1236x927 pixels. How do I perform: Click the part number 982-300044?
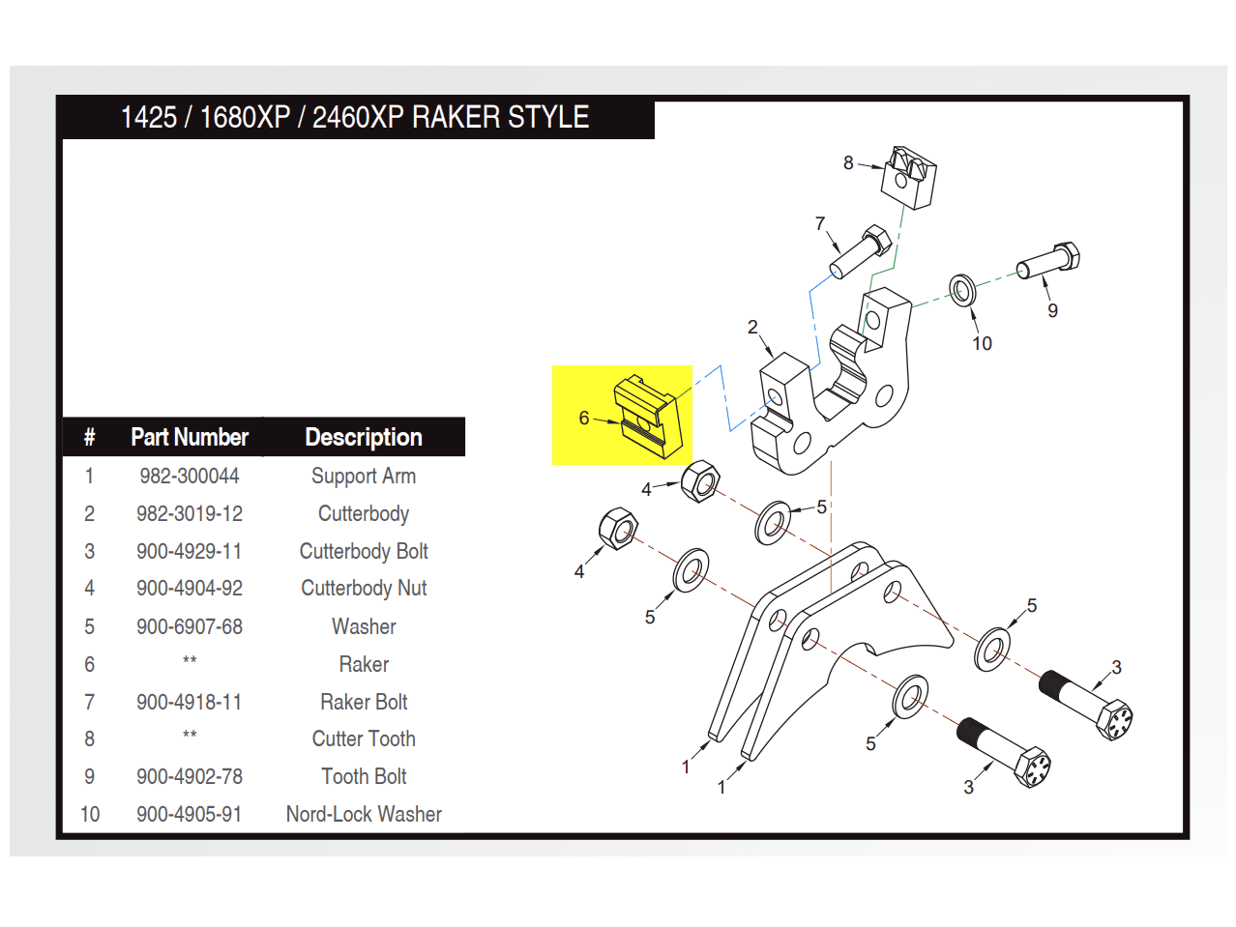(x=189, y=476)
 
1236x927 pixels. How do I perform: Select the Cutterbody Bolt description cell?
(x=364, y=551)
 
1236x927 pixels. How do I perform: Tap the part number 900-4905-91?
(x=189, y=814)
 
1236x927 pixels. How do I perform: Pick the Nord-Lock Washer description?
(x=364, y=814)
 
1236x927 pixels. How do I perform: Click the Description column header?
(x=364, y=437)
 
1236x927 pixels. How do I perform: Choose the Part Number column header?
(x=190, y=437)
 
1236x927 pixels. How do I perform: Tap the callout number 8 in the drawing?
(x=848, y=162)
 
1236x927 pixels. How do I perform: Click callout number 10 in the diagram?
(x=982, y=343)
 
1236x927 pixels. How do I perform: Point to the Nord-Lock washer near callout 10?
(x=961, y=289)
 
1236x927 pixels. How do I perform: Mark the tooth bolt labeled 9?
(x=1048, y=260)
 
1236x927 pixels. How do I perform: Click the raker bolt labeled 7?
(x=860, y=250)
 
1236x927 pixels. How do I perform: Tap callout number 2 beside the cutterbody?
(x=752, y=327)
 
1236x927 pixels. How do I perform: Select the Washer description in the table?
(x=364, y=626)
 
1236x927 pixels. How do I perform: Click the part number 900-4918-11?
(x=189, y=702)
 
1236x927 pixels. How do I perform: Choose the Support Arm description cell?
(x=364, y=476)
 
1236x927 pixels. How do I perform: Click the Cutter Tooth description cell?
(x=364, y=739)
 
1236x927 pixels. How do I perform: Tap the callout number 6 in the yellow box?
(x=584, y=418)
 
